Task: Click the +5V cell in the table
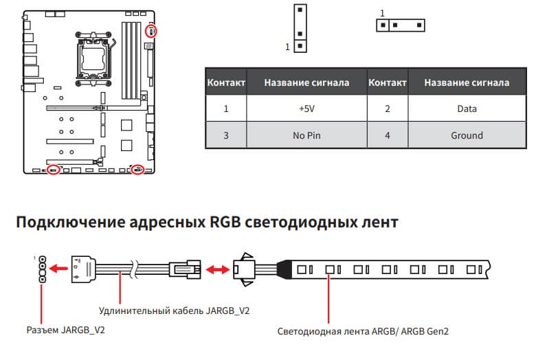click(306, 109)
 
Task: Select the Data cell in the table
click(467, 109)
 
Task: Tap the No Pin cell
click(306, 135)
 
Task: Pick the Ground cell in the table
click(467, 135)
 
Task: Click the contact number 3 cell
click(225, 135)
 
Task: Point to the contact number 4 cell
click(388, 135)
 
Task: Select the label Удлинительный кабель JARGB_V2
click(174, 311)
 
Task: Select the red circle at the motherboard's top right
click(153, 31)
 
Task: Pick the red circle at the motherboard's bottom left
click(52, 170)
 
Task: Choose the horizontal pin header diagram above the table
click(400, 25)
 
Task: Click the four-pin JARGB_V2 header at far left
click(43, 269)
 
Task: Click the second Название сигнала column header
click(467, 82)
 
